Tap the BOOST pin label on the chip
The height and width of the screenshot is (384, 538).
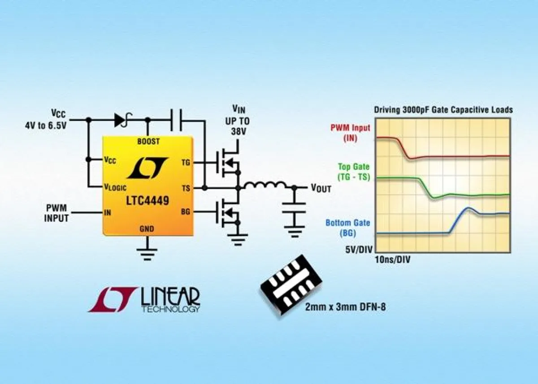click(148, 141)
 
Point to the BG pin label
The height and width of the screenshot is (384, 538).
click(186, 212)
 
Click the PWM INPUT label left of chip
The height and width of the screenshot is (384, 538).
click(57, 213)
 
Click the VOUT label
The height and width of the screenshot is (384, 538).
click(321, 188)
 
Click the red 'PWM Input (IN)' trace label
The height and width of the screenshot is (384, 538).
click(350, 133)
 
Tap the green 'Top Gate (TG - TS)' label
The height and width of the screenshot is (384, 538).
click(354, 172)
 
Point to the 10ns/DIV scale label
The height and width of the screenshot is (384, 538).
click(392, 259)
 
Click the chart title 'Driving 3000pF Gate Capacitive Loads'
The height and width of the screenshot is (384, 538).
click(443, 110)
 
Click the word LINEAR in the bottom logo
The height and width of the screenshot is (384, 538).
click(170, 296)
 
